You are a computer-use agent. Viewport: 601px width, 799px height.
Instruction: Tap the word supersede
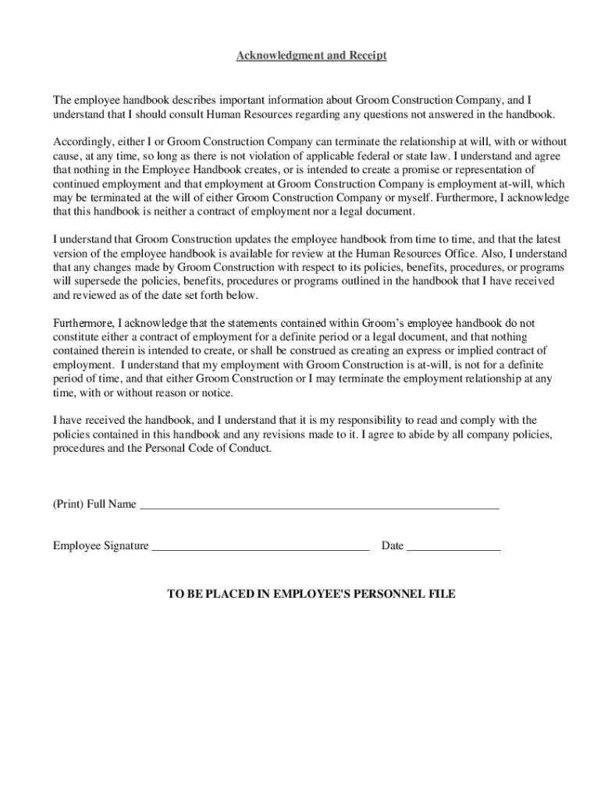point(97,282)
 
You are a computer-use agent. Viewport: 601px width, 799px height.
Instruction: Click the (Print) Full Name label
point(94,504)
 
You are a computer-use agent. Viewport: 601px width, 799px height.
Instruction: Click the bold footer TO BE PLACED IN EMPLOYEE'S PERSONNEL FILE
point(311,595)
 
